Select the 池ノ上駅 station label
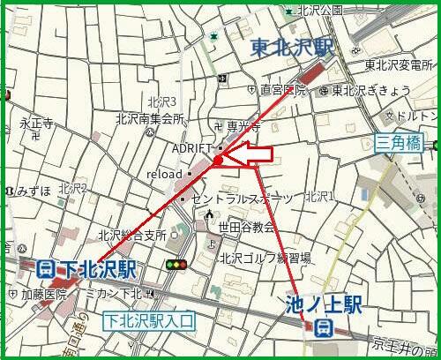tap(324, 305)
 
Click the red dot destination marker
tap(217, 160)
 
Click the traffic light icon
tap(176, 265)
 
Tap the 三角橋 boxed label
tap(400, 143)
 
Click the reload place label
tap(164, 175)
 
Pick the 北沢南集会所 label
tap(149, 118)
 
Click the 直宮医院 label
tap(282, 90)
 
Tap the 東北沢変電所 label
tap(402, 64)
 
